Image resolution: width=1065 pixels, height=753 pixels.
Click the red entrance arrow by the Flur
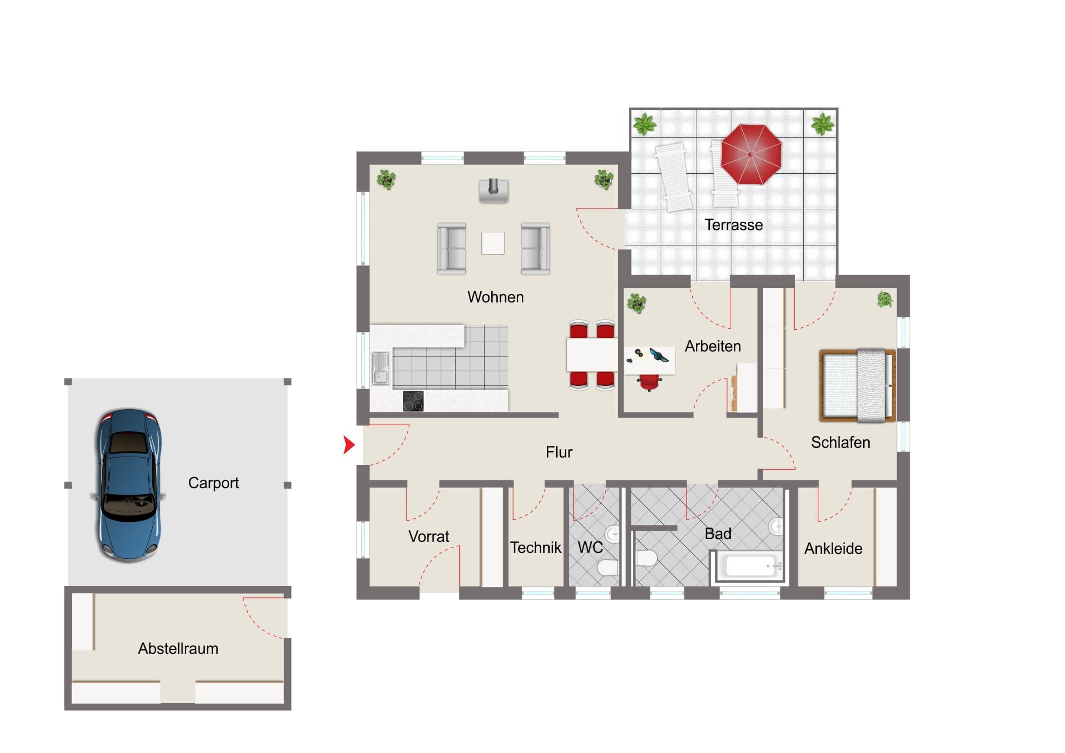point(349,445)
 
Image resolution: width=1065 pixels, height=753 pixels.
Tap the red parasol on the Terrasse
point(751,154)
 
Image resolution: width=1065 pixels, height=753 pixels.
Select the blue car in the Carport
point(129,485)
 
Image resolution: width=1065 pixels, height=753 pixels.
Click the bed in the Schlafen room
point(857,386)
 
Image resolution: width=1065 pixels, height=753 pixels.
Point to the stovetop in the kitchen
point(413,402)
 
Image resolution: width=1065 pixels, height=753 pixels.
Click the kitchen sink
point(381,368)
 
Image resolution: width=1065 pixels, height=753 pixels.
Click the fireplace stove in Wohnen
point(494,191)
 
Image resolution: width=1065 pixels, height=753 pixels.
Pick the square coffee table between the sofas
point(493,243)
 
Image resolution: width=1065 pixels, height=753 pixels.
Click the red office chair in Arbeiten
point(649,383)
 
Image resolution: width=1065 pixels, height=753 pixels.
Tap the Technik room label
point(536,548)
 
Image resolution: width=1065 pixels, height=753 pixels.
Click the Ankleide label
point(833,549)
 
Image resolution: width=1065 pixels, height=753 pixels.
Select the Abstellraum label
point(178,649)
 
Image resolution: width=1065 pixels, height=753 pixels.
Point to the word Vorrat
point(429,537)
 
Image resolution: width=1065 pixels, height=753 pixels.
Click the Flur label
point(559,452)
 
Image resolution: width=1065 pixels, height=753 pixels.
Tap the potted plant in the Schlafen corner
point(885,299)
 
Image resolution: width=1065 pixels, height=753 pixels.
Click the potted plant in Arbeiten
point(636,303)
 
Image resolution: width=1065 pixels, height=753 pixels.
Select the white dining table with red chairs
point(592,355)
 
